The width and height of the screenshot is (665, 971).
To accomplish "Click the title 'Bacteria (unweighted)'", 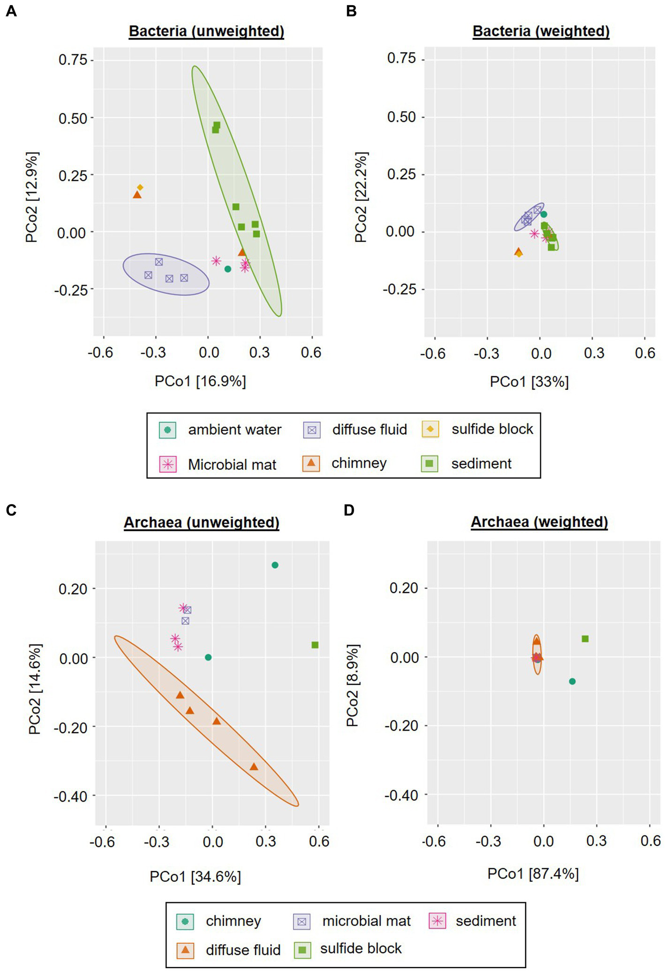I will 206,31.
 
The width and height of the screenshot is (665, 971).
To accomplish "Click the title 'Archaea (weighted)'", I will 539,522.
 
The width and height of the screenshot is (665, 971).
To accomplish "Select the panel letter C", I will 11,510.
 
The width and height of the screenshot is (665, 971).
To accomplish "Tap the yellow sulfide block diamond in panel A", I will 140,188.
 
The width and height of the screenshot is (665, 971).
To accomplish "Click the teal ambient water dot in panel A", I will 227,269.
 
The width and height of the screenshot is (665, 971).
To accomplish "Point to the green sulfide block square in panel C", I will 315,645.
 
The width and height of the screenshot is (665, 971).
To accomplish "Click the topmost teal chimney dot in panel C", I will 275,565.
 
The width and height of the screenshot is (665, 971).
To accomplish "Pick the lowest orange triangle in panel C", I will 254,767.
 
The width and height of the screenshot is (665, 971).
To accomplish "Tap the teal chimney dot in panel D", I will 572,681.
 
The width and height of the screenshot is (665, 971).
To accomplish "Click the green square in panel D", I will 585,639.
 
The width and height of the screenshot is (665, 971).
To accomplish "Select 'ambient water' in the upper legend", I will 234,430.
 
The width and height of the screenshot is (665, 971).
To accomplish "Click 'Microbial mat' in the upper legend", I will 232,464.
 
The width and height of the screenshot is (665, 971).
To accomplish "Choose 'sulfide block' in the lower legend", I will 361,948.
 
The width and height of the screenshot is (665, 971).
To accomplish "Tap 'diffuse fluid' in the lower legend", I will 243,950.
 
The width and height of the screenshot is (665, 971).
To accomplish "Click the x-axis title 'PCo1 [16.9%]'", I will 200,381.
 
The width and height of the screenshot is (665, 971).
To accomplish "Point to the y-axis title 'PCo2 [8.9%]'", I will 353,685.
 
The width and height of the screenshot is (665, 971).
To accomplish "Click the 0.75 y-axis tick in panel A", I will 73,60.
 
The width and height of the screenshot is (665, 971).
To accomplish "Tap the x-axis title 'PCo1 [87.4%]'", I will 533,873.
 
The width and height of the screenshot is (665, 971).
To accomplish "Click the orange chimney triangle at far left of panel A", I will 137,195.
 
